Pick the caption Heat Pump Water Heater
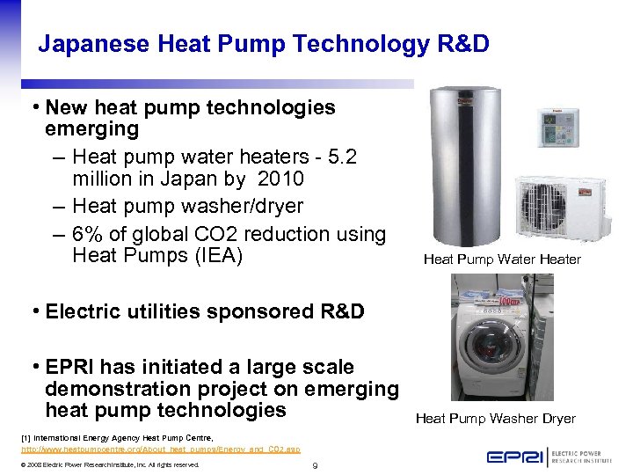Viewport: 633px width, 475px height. point(501,259)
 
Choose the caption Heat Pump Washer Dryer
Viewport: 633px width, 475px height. point(495,419)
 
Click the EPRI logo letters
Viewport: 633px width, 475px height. point(514,457)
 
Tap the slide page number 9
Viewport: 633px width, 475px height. point(315,465)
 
